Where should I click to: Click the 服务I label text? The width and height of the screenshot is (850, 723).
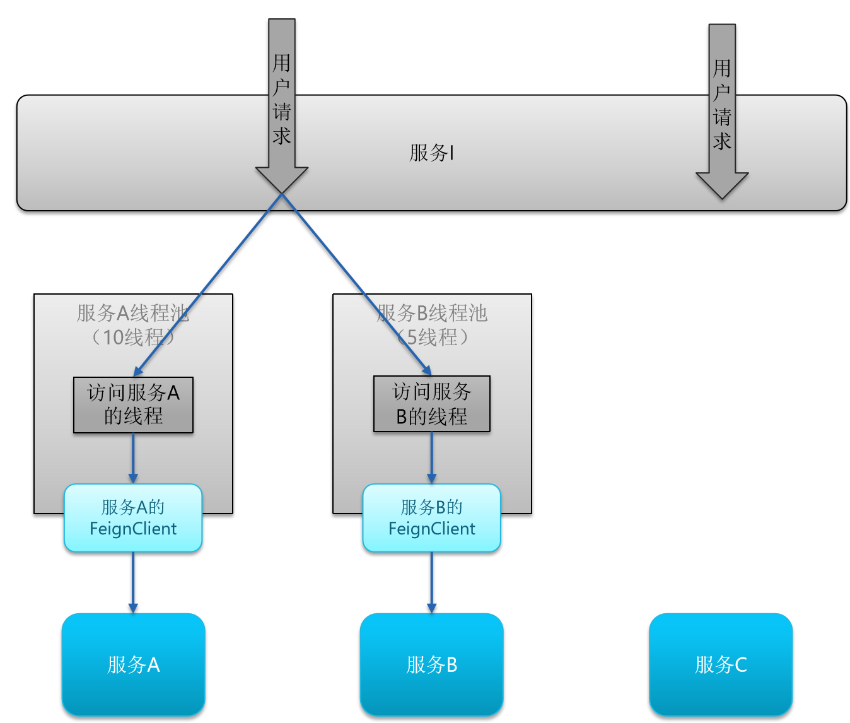pos(431,153)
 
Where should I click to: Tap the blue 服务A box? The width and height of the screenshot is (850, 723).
pos(133,664)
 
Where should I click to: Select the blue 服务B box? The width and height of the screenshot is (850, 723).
pos(431,664)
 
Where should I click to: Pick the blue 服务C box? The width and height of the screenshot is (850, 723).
pos(721,664)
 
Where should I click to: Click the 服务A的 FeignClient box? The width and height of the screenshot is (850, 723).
pos(133,518)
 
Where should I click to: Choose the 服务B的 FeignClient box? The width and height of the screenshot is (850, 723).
pos(431,518)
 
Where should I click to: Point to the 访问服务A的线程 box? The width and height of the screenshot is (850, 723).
pos(133,405)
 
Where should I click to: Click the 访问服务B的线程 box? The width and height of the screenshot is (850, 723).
pos(432,404)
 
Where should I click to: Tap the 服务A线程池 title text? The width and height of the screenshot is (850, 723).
pos(133,313)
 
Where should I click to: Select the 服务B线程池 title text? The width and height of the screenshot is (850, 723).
pos(432,313)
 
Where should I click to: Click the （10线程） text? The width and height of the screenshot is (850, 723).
pos(133,337)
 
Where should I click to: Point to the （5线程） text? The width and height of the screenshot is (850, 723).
pos(432,337)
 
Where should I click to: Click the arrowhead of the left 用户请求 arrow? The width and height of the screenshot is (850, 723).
pos(282,180)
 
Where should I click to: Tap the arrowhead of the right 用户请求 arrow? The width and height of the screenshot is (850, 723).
pos(722,185)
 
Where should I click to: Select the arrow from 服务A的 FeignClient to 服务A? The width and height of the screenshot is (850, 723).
pos(133,583)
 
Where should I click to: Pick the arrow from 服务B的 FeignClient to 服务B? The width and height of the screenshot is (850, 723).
pos(431,583)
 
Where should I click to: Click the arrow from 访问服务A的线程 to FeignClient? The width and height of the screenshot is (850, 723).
pos(133,459)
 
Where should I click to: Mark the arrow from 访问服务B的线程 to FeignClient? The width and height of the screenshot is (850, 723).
pos(431,457)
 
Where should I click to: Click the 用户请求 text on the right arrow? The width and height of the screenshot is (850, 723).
pos(722,105)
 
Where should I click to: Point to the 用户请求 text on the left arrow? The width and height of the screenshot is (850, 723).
pos(282,99)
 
